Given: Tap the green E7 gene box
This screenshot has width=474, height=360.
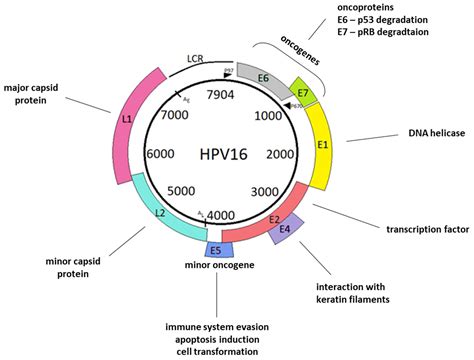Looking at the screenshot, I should (x=304, y=90).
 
